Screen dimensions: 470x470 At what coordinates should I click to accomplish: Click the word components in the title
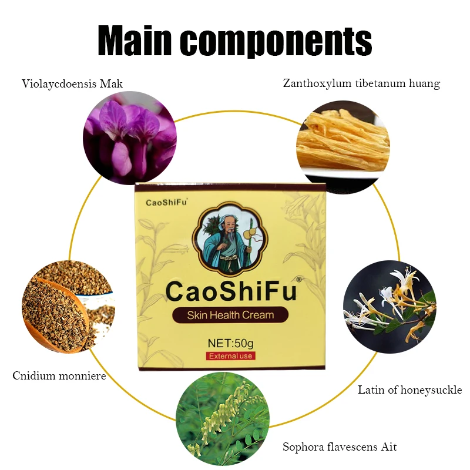(x=281, y=41)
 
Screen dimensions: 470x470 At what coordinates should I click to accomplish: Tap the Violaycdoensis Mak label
(x=72, y=83)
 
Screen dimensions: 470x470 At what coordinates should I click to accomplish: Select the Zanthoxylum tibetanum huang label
(x=361, y=83)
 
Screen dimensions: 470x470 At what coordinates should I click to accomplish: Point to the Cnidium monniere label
(x=59, y=375)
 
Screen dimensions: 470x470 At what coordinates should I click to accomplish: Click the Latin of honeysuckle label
(x=410, y=390)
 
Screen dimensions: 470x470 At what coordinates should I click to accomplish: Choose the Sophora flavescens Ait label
(x=340, y=447)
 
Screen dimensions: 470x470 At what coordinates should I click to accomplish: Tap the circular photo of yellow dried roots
(x=344, y=139)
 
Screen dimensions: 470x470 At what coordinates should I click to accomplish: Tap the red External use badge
(x=230, y=356)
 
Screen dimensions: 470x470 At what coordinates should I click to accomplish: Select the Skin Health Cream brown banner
(x=230, y=315)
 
